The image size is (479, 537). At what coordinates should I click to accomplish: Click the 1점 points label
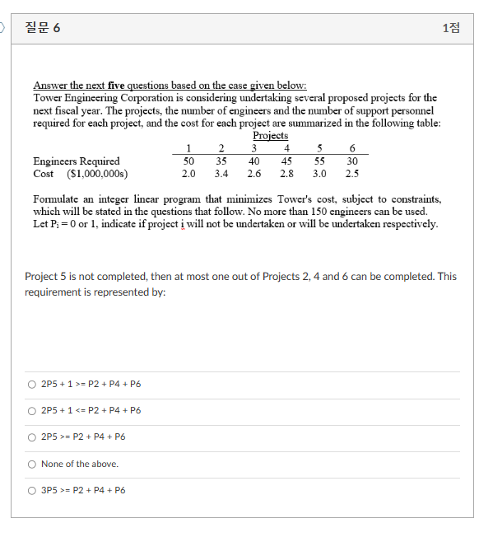coord(451,28)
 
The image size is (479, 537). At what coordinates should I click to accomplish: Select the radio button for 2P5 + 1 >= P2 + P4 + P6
coord(31,384)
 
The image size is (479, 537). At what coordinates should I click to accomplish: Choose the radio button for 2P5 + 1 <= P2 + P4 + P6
coord(31,410)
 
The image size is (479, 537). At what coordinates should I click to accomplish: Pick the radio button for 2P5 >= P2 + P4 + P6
coord(31,437)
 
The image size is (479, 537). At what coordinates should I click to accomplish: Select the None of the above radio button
coord(31,464)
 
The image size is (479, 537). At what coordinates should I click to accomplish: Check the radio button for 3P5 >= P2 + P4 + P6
coord(31,490)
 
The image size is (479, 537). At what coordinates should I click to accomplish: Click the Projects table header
coord(270,136)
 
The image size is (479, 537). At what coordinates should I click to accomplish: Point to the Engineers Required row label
coord(76,161)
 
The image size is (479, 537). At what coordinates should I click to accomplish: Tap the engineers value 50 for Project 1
coord(188,161)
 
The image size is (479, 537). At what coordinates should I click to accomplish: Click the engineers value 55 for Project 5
coord(319,161)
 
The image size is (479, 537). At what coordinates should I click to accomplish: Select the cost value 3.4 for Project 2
coord(221,174)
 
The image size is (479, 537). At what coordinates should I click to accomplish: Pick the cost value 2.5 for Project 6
coord(352,174)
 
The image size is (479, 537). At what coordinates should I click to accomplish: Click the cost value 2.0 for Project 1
coord(188,174)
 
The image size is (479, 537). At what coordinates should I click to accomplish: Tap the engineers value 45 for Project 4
coord(286,161)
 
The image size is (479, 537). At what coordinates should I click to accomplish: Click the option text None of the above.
coord(80,464)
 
